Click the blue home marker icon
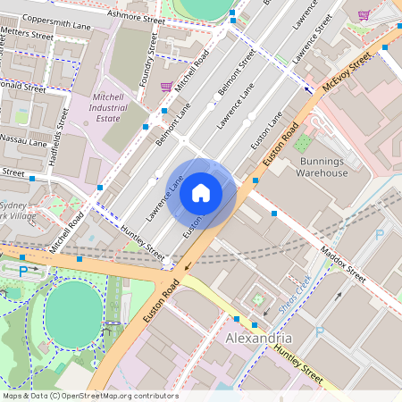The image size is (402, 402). pyautogui.click(x=201, y=192)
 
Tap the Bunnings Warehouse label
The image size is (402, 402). pyautogui.click(x=322, y=166)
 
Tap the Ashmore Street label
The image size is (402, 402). pyautogui.click(x=135, y=17)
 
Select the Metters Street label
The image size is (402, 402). pyautogui.click(x=27, y=34)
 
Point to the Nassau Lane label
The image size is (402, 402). pyautogui.click(x=25, y=141)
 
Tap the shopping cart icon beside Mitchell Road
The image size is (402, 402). pyautogui.click(x=166, y=87)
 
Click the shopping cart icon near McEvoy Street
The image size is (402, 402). pyautogui.click(x=364, y=15)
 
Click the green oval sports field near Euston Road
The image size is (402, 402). pyautogui.click(x=73, y=309)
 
